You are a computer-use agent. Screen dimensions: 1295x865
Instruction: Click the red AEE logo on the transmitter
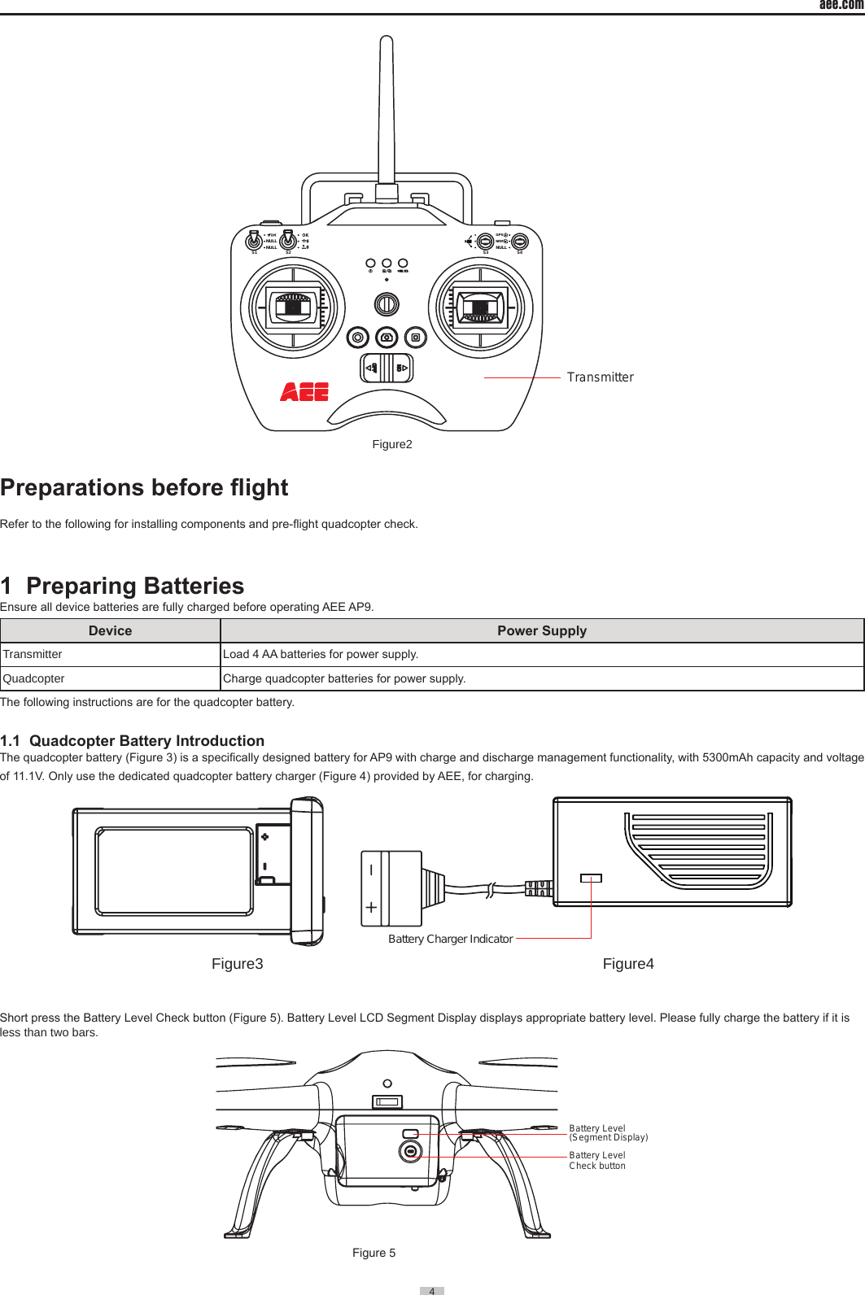pyautogui.click(x=304, y=392)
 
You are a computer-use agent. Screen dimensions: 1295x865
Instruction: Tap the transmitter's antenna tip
pyautogui.click(x=387, y=41)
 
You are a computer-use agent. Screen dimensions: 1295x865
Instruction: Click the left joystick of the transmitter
pyautogui.click(x=293, y=307)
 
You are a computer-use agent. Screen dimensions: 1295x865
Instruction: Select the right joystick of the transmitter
pyautogui.click(x=480, y=307)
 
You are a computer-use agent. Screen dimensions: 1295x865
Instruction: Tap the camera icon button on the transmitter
pyautogui.click(x=387, y=337)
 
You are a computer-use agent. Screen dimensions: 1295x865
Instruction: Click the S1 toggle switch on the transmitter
pyautogui.click(x=254, y=242)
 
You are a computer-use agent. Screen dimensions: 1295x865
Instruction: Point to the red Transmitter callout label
pyautogui.click(x=600, y=377)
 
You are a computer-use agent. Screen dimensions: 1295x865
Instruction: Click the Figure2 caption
pyautogui.click(x=392, y=444)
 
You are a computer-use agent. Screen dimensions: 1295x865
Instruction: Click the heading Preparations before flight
pyautogui.click(x=144, y=487)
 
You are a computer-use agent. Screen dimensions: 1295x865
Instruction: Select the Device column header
pyautogui.click(x=110, y=630)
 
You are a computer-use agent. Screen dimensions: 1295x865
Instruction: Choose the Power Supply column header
pyautogui.click(x=542, y=630)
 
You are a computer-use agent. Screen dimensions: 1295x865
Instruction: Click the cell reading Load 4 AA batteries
pyautogui.click(x=321, y=654)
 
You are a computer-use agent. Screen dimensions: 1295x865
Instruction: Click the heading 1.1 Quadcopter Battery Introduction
pyautogui.click(x=133, y=740)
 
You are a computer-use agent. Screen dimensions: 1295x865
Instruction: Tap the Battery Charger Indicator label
pyautogui.click(x=450, y=939)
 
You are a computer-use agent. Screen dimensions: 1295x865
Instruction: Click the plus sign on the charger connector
pyautogui.click(x=371, y=906)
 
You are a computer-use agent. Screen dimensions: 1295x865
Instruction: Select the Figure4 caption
pyautogui.click(x=628, y=964)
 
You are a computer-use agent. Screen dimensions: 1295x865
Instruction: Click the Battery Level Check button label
pyautogui.click(x=597, y=1161)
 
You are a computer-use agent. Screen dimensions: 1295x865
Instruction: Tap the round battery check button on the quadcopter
pyautogui.click(x=411, y=1150)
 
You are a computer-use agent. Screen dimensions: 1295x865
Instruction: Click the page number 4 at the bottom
pyautogui.click(x=432, y=1290)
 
